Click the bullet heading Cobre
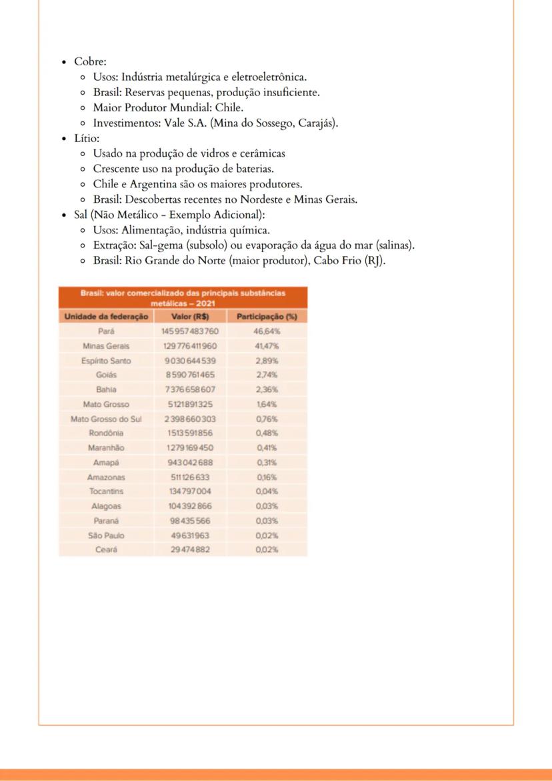tap(85, 62)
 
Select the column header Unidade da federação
tap(105, 316)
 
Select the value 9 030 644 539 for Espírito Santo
tap(190, 360)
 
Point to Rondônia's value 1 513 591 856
tap(190, 434)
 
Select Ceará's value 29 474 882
tap(190, 550)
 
